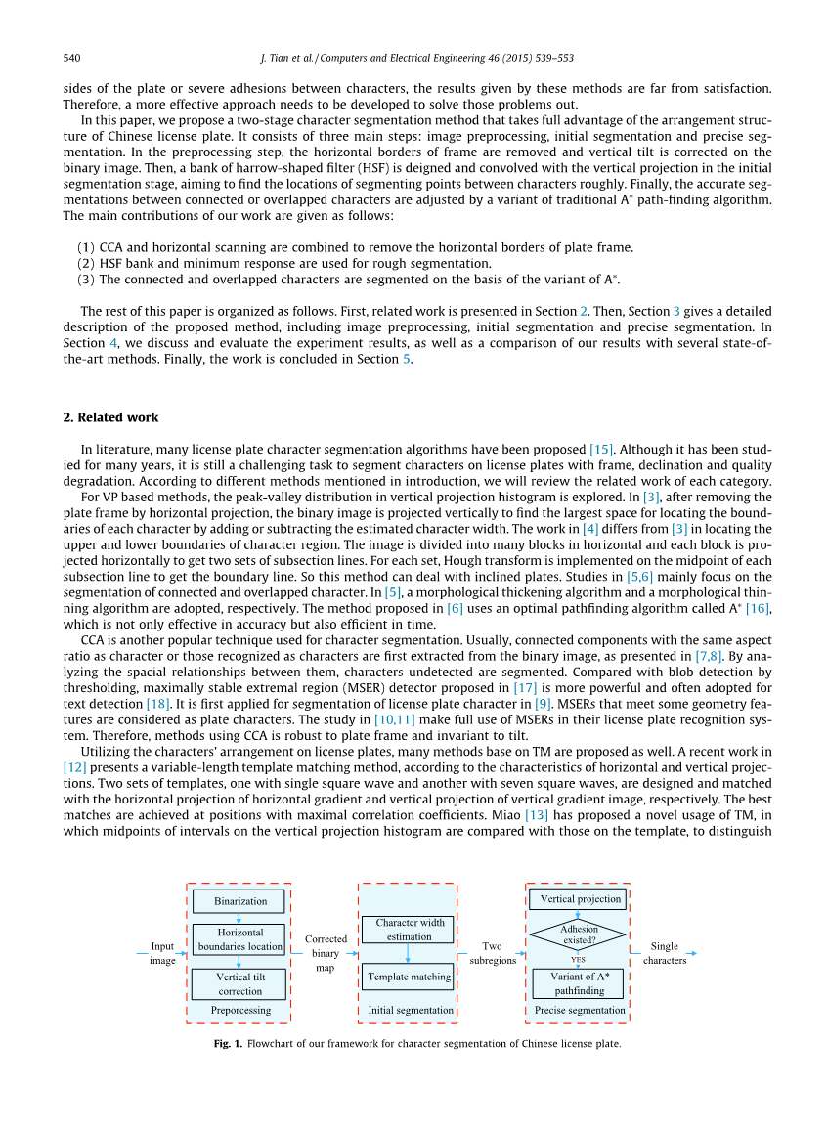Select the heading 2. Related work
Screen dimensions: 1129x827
(x=110, y=417)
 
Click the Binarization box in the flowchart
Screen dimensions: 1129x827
(x=239, y=900)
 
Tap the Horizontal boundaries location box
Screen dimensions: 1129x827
(x=239, y=939)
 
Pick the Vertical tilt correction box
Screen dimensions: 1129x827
(x=239, y=983)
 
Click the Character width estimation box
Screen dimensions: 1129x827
(x=409, y=930)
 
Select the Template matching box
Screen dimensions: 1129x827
(x=409, y=977)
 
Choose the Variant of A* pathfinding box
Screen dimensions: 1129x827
(x=578, y=983)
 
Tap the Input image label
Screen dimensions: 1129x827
(x=162, y=953)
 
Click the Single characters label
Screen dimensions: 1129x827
(x=665, y=953)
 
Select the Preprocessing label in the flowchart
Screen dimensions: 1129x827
(x=239, y=1010)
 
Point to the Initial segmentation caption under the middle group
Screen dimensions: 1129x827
(x=411, y=1010)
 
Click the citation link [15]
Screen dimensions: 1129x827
(x=601, y=449)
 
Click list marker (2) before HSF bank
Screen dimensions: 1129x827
(x=86, y=263)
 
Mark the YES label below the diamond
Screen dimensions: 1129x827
(x=579, y=960)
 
